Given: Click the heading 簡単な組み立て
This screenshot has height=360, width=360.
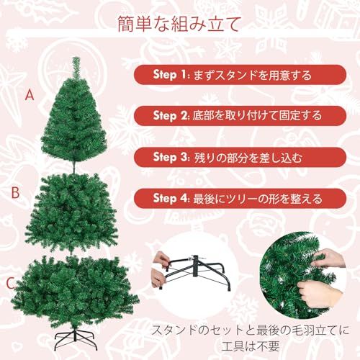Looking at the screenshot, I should (179, 24).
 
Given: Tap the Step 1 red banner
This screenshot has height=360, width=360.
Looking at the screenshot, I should (238, 74).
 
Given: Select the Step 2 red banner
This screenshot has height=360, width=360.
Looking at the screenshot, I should (238, 115).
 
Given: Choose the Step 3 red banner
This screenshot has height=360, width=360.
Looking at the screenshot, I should (238, 156).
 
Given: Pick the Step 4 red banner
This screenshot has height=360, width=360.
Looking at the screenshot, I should (238, 197).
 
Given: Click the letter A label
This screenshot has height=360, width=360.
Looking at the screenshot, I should (30, 94).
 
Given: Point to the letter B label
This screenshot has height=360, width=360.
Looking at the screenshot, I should (14, 192).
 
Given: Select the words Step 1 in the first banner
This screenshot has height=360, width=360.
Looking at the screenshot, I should (171, 74).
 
